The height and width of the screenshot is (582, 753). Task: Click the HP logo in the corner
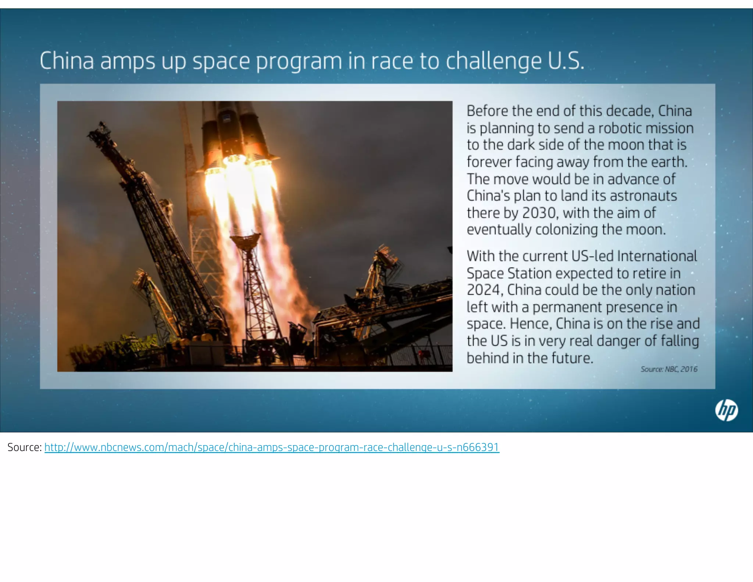(726, 410)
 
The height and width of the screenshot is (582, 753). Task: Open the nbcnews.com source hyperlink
(272, 447)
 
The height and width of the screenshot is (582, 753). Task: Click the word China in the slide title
(67, 61)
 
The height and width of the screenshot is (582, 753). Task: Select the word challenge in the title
(494, 61)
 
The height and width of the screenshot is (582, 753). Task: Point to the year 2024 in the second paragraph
(484, 290)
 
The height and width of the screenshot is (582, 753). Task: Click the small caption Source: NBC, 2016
(669, 369)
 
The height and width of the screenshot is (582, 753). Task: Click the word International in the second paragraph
(657, 256)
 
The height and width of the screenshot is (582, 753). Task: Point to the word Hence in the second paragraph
(531, 324)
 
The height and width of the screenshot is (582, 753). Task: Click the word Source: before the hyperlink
(24, 447)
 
